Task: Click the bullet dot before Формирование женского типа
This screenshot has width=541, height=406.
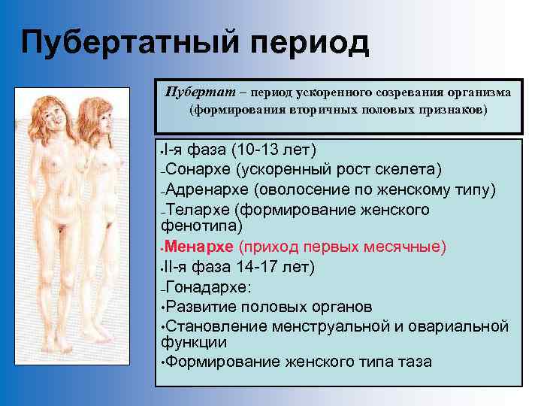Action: tap(163, 362)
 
